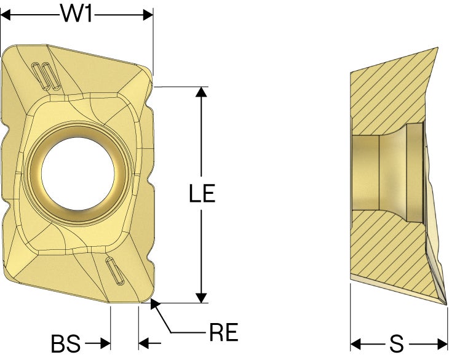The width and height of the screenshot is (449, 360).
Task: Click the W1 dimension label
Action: [76, 14]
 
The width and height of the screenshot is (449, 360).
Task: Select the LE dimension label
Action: [202, 194]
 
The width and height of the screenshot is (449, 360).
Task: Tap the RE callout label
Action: [224, 332]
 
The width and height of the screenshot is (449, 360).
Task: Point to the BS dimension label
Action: [66, 343]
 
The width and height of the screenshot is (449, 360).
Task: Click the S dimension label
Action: [397, 343]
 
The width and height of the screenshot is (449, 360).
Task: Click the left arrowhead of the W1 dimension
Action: [6, 15]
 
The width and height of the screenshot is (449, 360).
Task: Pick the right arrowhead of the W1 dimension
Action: [148, 15]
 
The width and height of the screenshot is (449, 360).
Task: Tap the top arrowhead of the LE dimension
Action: [202, 92]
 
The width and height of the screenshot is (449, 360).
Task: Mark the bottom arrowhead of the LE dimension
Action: [202, 298]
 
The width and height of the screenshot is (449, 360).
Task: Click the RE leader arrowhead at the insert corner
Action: [155, 304]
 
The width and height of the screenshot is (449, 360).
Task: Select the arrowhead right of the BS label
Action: [105, 343]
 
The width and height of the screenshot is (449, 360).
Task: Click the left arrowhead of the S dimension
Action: [356, 343]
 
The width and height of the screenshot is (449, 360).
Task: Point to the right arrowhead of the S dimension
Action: [442, 343]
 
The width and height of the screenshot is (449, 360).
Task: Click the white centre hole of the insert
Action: [78, 174]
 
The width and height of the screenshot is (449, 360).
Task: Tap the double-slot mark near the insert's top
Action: [46, 76]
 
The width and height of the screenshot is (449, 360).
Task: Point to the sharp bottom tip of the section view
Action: [447, 305]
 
